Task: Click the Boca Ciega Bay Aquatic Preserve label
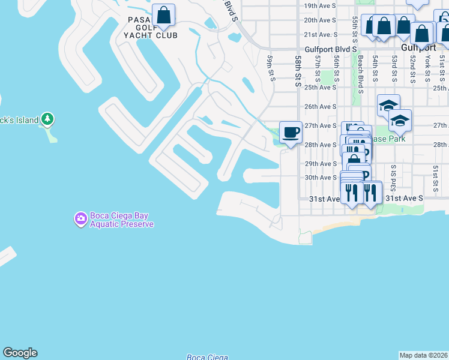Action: coord(122,220)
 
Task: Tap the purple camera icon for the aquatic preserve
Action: coord(80,219)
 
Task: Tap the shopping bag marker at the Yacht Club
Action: coord(163,15)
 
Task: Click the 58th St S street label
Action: coord(298,71)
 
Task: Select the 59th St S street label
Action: coord(271,68)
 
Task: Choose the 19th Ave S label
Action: coord(320,5)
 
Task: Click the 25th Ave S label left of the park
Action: coord(320,87)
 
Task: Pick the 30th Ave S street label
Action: coord(320,178)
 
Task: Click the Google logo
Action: coord(20,353)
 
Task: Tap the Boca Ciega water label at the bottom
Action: coord(207,357)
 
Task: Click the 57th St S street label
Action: coord(318,69)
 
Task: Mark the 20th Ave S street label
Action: coord(320,20)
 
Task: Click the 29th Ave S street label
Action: coord(320,164)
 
